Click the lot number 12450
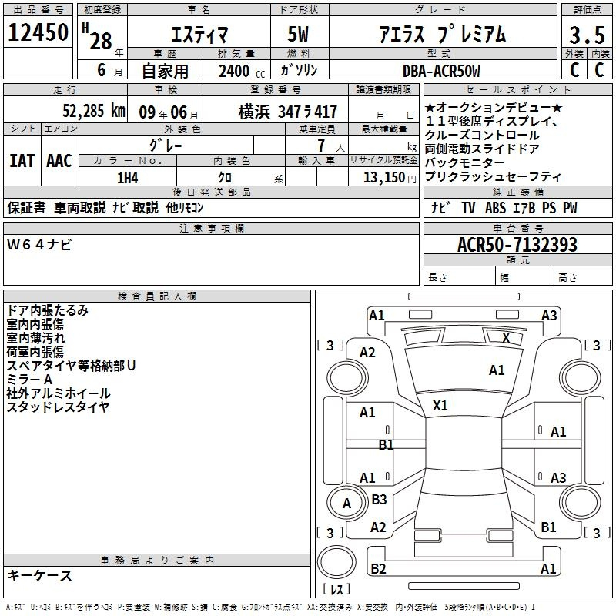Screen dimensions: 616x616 38,32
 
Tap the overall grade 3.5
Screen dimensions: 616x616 587,35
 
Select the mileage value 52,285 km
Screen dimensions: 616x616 94,111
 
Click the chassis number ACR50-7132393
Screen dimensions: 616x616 517,244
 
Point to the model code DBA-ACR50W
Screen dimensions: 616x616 441,71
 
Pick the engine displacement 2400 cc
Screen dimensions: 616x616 242,71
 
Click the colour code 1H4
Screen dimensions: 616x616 128,178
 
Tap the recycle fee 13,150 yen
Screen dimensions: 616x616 390,178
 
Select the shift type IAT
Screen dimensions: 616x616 22,161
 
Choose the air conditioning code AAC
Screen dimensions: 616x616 59,161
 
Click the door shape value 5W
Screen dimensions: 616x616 298,34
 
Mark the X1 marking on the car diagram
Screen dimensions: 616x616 440,406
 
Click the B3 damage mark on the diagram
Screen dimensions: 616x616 379,499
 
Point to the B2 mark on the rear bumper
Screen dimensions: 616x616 378,568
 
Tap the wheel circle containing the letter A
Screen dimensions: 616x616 346,503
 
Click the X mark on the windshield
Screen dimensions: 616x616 506,338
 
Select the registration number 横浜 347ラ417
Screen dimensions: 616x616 287,112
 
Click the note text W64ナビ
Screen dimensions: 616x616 39,245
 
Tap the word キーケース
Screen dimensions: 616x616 40,576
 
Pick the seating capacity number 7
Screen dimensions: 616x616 321,146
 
